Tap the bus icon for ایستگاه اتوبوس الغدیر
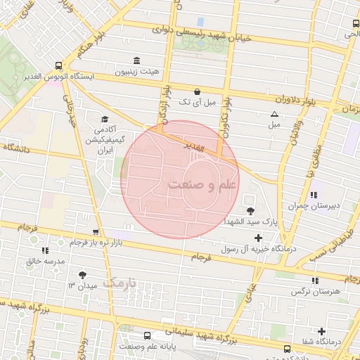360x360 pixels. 58,65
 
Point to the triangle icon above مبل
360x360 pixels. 274,114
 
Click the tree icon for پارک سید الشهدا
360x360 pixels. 250,210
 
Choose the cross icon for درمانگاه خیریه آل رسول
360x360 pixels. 259,238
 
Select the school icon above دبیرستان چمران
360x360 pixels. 314,195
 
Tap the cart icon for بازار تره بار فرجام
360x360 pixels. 96,231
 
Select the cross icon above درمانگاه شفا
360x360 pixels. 322,331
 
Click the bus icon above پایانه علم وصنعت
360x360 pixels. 147,335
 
